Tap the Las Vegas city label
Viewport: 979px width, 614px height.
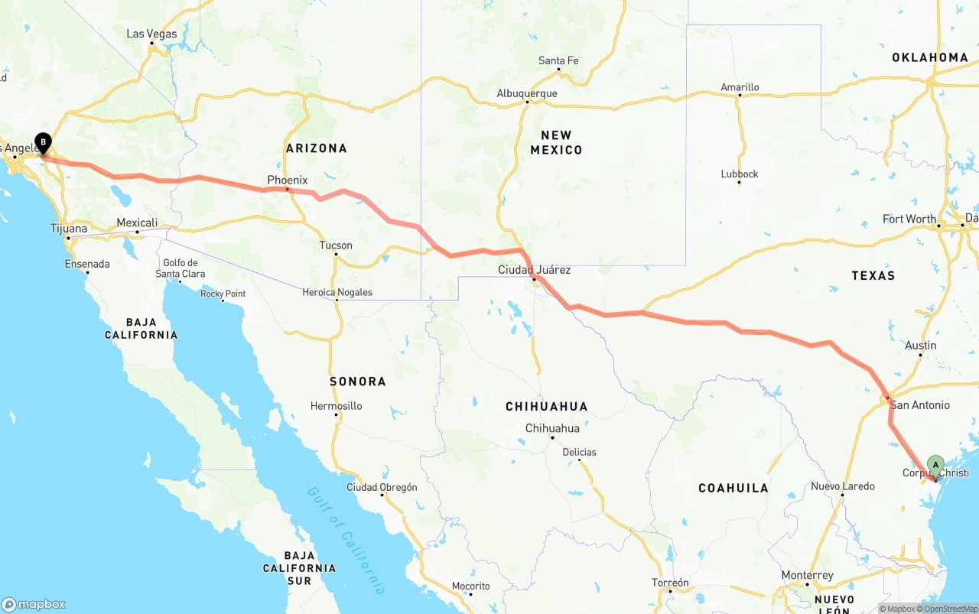pyautogui.click(x=151, y=34)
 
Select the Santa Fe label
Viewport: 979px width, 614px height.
pyautogui.click(x=558, y=60)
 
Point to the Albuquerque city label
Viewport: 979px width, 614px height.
pyautogui.click(x=527, y=93)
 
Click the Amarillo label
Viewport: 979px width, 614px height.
pyautogui.click(x=740, y=87)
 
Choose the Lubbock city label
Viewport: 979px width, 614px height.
pyautogui.click(x=740, y=174)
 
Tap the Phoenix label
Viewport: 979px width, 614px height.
pyautogui.click(x=287, y=180)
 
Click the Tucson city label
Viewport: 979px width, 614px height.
pyautogui.click(x=336, y=245)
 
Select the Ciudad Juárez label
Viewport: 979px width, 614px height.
pyautogui.click(x=534, y=270)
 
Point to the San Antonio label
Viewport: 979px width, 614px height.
pyautogui.click(x=919, y=404)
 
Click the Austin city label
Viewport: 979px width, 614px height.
pyautogui.click(x=920, y=346)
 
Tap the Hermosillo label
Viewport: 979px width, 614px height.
pyautogui.click(x=337, y=406)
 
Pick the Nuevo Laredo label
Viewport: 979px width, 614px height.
pyautogui.click(x=843, y=486)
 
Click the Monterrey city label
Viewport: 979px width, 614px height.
pyautogui.click(x=807, y=575)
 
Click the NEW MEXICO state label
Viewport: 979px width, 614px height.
pyautogui.click(x=556, y=142)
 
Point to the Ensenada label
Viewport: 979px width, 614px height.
pyautogui.click(x=87, y=264)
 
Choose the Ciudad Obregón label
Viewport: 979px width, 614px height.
pyautogui.click(x=382, y=487)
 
